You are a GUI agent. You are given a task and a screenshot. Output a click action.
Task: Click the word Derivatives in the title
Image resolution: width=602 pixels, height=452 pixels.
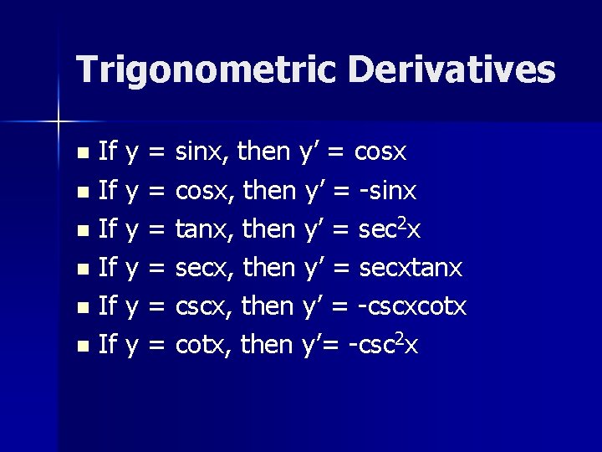pos(451,69)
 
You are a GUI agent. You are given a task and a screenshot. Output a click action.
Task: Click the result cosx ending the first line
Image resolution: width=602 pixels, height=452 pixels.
pos(380,153)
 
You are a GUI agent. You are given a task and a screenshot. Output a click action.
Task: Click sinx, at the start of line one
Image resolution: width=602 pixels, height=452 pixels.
pos(203,153)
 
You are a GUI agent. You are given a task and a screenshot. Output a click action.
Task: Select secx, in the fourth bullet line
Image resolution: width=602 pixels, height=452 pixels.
pos(205,268)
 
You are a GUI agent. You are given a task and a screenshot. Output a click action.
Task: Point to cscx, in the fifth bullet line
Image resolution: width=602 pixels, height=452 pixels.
pos(205,306)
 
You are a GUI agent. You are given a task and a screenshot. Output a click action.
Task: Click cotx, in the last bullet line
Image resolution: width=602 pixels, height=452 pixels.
pos(203,343)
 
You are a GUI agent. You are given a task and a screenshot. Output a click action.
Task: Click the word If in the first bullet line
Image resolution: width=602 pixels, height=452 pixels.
pos(107,152)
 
